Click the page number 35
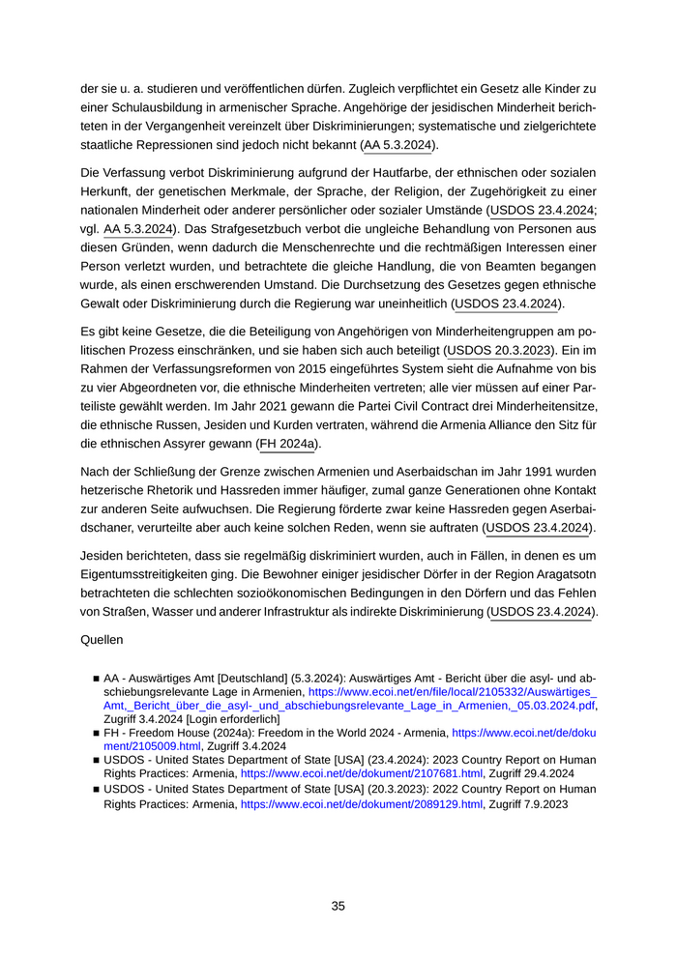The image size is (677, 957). [338, 906]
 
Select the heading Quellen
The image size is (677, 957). [103, 639]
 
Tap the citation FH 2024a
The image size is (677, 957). [288, 444]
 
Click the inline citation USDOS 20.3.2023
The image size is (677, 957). [502, 349]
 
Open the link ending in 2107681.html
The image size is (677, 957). [362, 774]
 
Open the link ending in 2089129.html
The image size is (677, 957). [362, 804]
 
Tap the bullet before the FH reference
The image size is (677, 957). [96, 734]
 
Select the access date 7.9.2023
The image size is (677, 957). [543, 804]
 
